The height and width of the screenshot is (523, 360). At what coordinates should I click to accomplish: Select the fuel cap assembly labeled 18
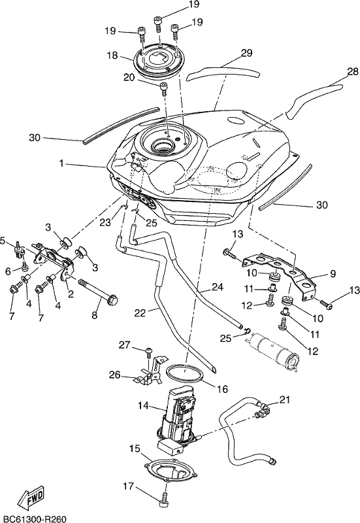point(158,61)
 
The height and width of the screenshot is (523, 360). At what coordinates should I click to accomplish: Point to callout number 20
point(129,78)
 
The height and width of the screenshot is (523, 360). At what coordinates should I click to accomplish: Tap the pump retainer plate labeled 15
point(171,471)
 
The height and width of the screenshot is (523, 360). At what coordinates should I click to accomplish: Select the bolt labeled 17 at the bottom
point(165,498)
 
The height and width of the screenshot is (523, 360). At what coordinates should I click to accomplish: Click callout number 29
point(247,53)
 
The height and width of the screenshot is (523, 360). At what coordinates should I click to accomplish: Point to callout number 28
point(352,71)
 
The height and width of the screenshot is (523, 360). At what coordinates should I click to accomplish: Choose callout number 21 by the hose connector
point(285,399)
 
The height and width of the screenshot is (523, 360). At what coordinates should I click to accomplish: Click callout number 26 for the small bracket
point(115,375)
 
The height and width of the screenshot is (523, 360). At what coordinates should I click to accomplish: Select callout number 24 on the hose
point(218,287)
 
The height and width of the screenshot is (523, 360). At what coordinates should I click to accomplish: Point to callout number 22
point(140,313)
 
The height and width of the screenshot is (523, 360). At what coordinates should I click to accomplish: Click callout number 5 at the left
point(3,240)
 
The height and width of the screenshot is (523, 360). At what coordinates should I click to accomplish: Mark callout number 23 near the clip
point(105,222)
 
